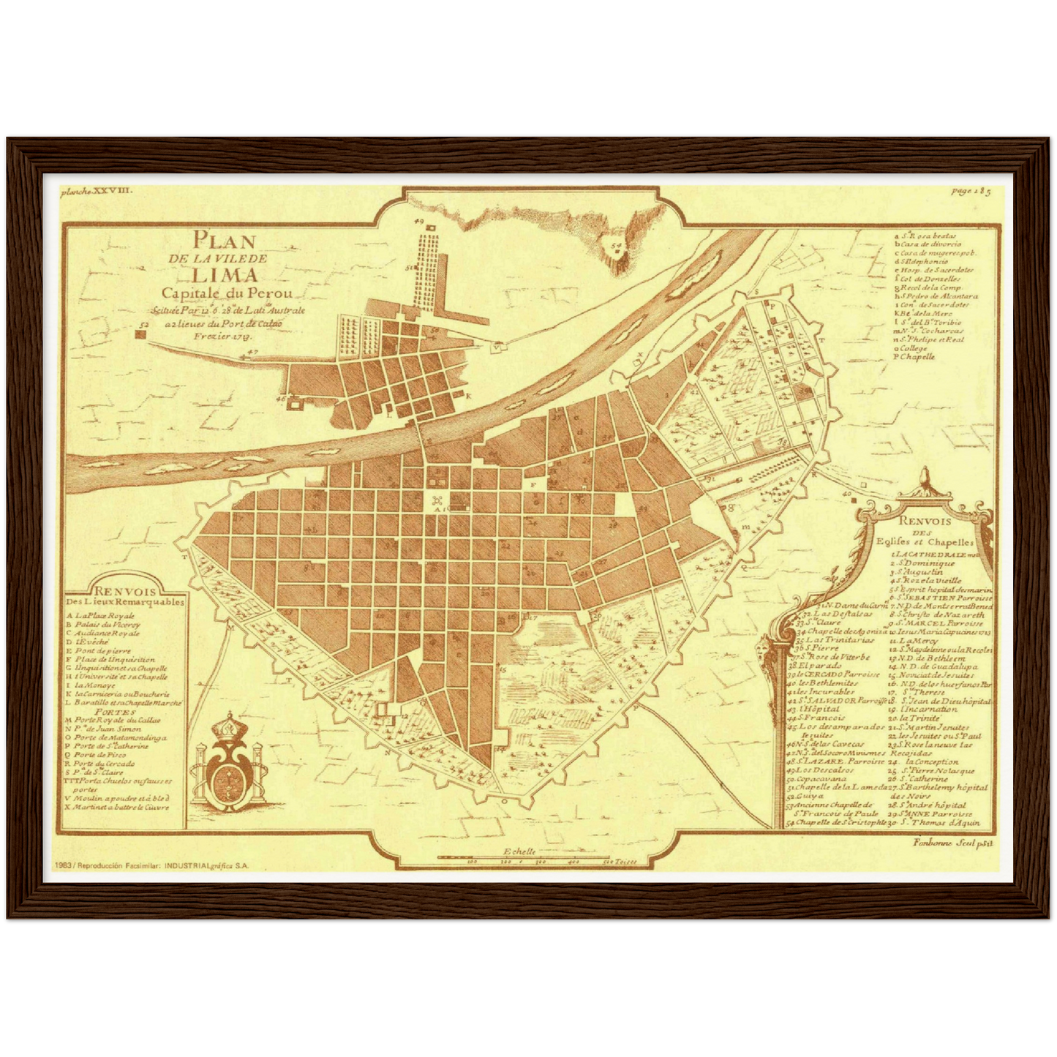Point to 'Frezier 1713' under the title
pyautogui.click(x=222, y=336)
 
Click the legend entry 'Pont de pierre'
pyautogui.click(x=105, y=650)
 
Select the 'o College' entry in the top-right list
pyautogui.click(x=911, y=348)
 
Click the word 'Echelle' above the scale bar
pyautogui.click(x=519, y=851)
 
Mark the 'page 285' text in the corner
pyautogui.click(x=971, y=192)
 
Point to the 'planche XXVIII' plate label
pyautogui.click(x=96, y=190)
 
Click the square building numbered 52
pyautogui.click(x=140, y=334)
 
